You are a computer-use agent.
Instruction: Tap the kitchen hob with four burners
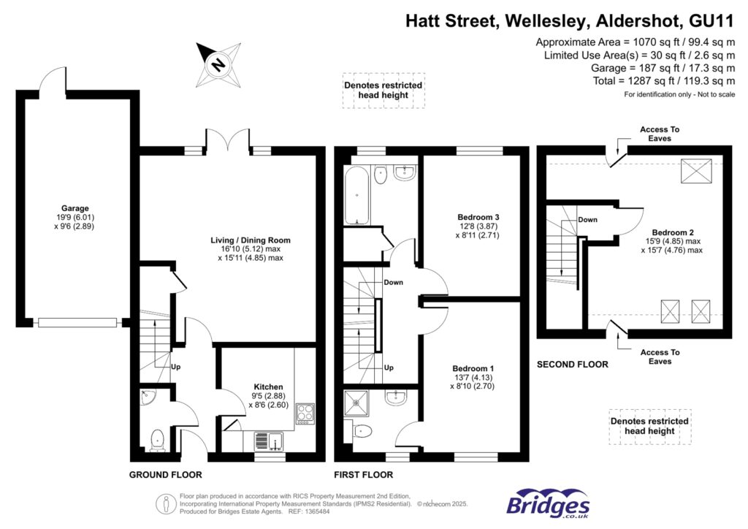tap(304, 414)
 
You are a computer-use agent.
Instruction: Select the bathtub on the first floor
tap(358, 194)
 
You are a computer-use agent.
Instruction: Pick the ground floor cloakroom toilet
tap(156, 441)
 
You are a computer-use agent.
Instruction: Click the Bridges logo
tap(549, 503)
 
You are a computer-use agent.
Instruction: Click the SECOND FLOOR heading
tap(572, 364)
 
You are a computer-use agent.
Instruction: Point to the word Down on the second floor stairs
tap(588, 219)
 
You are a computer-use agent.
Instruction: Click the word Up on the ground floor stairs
tap(175, 366)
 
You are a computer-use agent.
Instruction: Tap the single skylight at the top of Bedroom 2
tap(690, 172)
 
